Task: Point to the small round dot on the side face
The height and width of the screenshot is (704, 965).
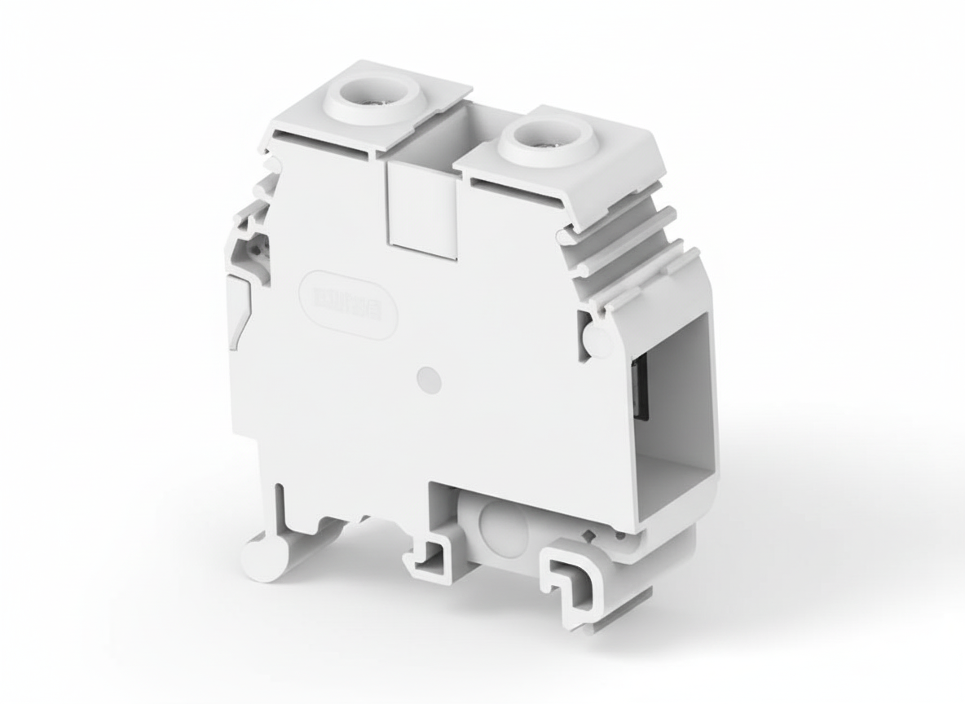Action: pos(429,380)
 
